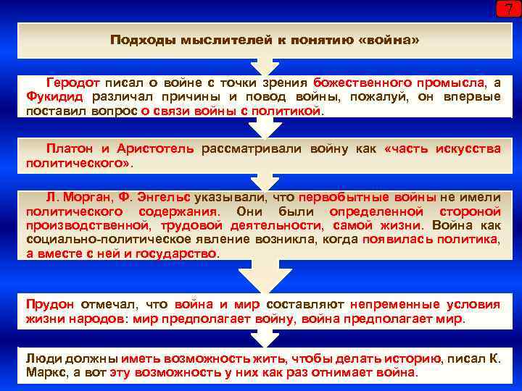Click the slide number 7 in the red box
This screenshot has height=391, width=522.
[x=507, y=10]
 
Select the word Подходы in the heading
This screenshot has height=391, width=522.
[x=136, y=39]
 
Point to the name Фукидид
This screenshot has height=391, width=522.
[x=54, y=98]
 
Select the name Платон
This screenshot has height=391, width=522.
[x=69, y=148]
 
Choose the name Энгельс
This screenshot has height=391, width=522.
[x=162, y=197]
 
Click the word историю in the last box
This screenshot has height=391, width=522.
[x=412, y=358]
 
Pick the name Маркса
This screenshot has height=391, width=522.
[x=46, y=373]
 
